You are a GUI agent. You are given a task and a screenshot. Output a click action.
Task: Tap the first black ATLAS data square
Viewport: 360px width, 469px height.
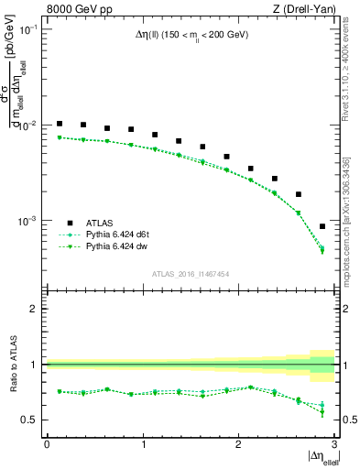(60, 124)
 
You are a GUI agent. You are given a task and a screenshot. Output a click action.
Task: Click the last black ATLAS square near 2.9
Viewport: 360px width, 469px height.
(322, 226)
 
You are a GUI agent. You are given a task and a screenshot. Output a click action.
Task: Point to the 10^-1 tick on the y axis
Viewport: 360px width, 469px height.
(30, 29)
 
